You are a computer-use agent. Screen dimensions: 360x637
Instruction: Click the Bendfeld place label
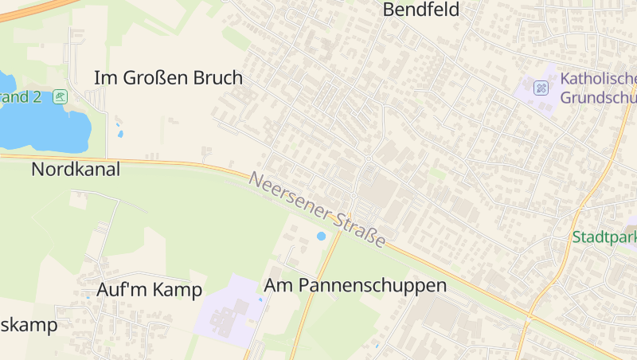pyautogui.click(x=421, y=10)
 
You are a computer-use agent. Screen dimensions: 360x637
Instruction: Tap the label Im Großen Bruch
pyautogui.click(x=168, y=78)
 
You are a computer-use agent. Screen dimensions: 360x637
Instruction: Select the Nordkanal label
pyautogui.click(x=76, y=169)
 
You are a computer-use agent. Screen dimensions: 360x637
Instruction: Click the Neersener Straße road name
pyautogui.click(x=318, y=209)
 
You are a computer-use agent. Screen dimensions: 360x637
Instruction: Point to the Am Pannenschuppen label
pyautogui.click(x=355, y=285)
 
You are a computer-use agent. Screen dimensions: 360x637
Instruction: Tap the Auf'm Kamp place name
pyautogui.click(x=149, y=289)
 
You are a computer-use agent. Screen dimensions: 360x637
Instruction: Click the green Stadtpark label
pyautogui.click(x=604, y=237)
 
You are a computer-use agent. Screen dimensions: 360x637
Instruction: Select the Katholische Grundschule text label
pyautogui.click(x=598, y=88)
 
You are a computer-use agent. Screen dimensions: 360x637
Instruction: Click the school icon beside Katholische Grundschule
pyautogui.click(x=541, y=88)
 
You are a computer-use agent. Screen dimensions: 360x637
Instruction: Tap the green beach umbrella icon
pyautogui.click(x=61, y=97)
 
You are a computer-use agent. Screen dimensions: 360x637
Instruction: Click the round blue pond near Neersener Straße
pyautogui.click(x=322, y=236)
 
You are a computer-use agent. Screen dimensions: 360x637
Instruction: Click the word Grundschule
pyautogui.click(x=598, y=98)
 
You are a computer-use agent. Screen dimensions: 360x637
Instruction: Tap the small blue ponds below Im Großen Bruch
pyautogui.click(x=119, y=128)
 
